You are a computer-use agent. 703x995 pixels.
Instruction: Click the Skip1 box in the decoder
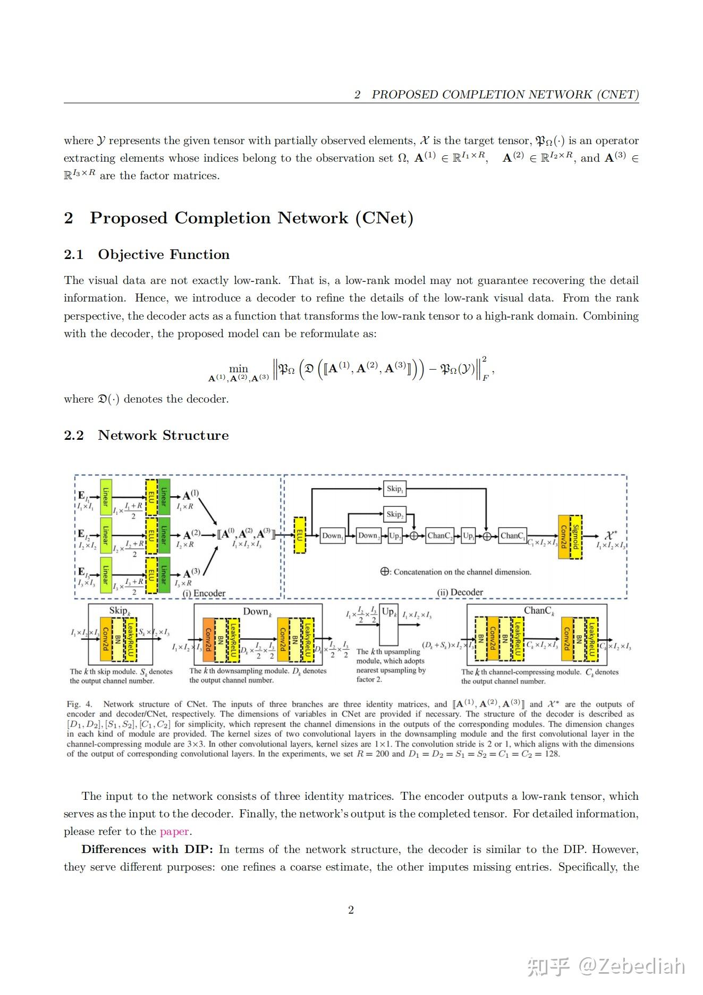[x=394, y=489]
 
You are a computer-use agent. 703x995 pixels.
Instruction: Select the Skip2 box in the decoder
[x=394, y=514]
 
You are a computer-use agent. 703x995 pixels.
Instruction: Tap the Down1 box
[x=333, y=536]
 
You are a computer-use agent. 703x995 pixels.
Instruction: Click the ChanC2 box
[x=440, y=536]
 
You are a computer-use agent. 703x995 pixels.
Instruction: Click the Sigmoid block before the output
[x=575, y=537]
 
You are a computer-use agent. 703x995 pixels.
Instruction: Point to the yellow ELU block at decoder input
[x=300, y=535]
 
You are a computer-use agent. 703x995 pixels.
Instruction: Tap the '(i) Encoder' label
[x=204, y=593]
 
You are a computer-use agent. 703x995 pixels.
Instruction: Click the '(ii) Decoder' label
[x=460, y=592]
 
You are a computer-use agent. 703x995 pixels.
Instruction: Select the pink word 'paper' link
[x=174, y=831]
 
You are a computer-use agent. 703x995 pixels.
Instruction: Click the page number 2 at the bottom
[x=351, y=910]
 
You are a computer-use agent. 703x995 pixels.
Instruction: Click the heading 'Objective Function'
[x=164, y=255]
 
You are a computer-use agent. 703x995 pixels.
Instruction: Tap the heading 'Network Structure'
[x=163, y=436]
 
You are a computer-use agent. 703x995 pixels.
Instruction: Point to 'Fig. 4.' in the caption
[x=79, y=704]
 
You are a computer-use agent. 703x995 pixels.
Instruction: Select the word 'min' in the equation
[x=239, y=369]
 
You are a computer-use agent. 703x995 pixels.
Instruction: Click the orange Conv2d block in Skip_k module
[x=105, y=638]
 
